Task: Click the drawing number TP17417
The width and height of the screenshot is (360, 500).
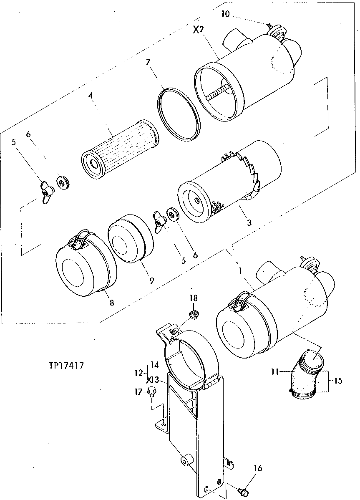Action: click(x=67, y=366)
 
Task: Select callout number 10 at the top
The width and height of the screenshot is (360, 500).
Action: click(x=225, y=14)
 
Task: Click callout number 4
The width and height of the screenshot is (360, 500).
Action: click(x=90, y=96)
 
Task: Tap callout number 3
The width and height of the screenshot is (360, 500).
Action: click(x=249, y=222)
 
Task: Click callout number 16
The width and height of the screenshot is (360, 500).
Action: click(x=257, y=469)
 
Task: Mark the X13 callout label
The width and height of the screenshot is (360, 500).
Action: click(x=153, y=380)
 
